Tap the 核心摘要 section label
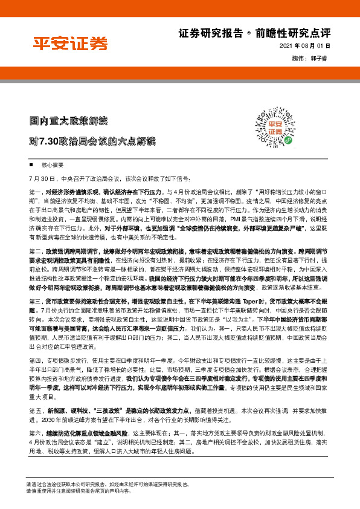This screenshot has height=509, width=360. coord(51,164)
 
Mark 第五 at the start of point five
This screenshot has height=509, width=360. coord(35,410)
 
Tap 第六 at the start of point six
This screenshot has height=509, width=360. coord(35,433)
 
